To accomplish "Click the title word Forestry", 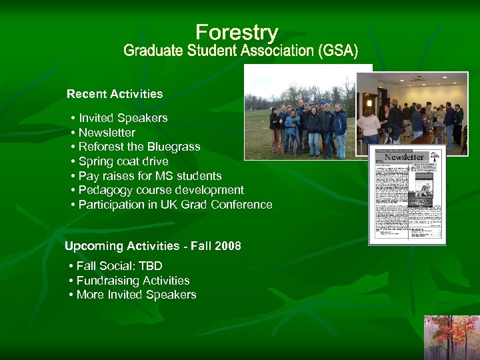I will click(x=237, y=33).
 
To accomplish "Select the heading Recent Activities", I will click(x=115, y=94).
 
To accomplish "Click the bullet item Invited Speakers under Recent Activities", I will click(x=123, y=118).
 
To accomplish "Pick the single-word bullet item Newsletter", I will click(x=107, y=133).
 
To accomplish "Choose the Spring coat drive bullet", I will click(x=123, y=161).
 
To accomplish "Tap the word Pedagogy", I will click(x=103, y=190).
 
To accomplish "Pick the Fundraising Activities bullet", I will click(x=133, y=281).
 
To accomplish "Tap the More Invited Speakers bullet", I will click(x=136, y=295).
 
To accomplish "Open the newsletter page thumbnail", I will click(x=407, y=195).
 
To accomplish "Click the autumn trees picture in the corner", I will click(x=452, y=337).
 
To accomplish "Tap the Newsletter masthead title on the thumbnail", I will click(x=405, y=157).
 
